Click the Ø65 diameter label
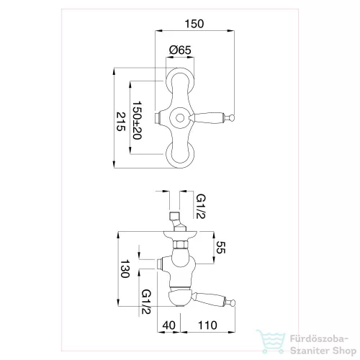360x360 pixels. point(180,50)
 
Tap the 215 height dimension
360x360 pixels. point(121,122)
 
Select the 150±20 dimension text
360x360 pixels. point(137,120)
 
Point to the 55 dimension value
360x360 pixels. point(220,247)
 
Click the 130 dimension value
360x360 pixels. point(125,269)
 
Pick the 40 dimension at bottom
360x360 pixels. point(169,325)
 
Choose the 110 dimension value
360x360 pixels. point(207,325)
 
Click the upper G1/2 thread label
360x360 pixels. point(201,206)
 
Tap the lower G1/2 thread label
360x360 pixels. point(146,302)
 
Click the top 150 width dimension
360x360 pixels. point(194,24)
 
